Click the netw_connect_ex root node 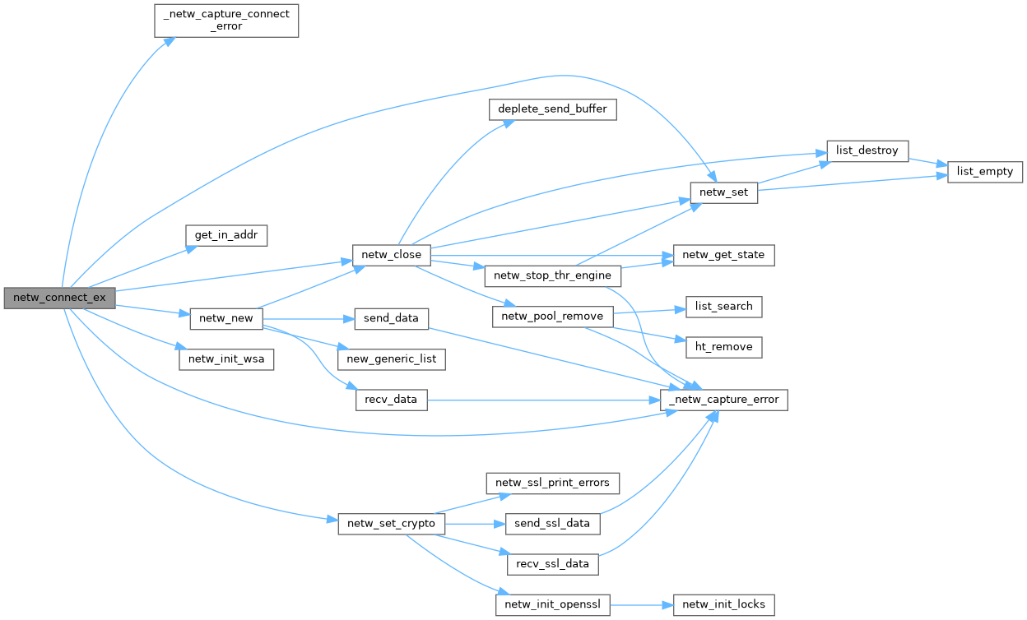59,297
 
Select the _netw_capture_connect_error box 226,20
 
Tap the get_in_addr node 226,235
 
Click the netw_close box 391,255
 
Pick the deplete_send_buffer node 552,109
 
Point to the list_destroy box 867,151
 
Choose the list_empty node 985,172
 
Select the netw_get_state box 723,255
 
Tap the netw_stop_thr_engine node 553,275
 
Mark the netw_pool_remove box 553,316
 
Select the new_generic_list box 392,359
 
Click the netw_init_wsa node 226,359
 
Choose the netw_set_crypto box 392,524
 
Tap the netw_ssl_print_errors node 552,483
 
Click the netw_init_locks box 723,604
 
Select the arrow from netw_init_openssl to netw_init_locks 642,604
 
